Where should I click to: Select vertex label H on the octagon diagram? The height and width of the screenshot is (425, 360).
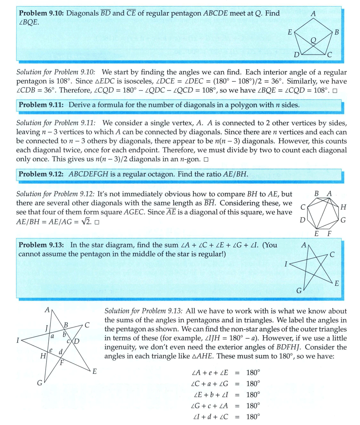point(343,207)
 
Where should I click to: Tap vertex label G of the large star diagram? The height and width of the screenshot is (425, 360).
point(39,383)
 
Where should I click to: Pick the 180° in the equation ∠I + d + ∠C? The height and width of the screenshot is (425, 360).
point(253,416)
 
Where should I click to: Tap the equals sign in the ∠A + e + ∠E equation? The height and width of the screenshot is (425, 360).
point(237,373)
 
